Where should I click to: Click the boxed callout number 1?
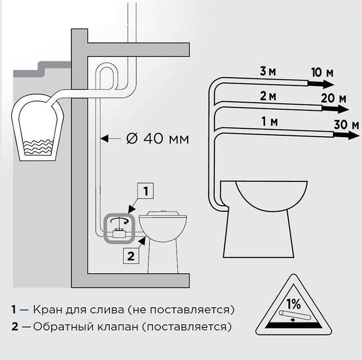[x=145, y=191]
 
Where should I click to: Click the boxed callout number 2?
[x=131, y=256]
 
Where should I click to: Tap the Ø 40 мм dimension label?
[x=157, y=139]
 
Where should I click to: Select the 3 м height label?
[x=268, y=71]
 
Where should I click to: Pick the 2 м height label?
[x=268, y=96]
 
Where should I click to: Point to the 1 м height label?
[x=269, y=121]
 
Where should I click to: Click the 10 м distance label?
[x=322, y=72]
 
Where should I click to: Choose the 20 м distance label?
[x=334, y=99]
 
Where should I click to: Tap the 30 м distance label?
[x=346, y=125]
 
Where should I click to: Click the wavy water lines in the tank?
[x=38, y=147]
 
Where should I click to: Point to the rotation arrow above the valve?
[x=119, y=220]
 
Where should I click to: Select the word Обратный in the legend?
[x=63, y=327]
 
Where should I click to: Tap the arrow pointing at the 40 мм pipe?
[x=111, y=139]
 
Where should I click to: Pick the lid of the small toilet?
[x=163, y=213]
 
